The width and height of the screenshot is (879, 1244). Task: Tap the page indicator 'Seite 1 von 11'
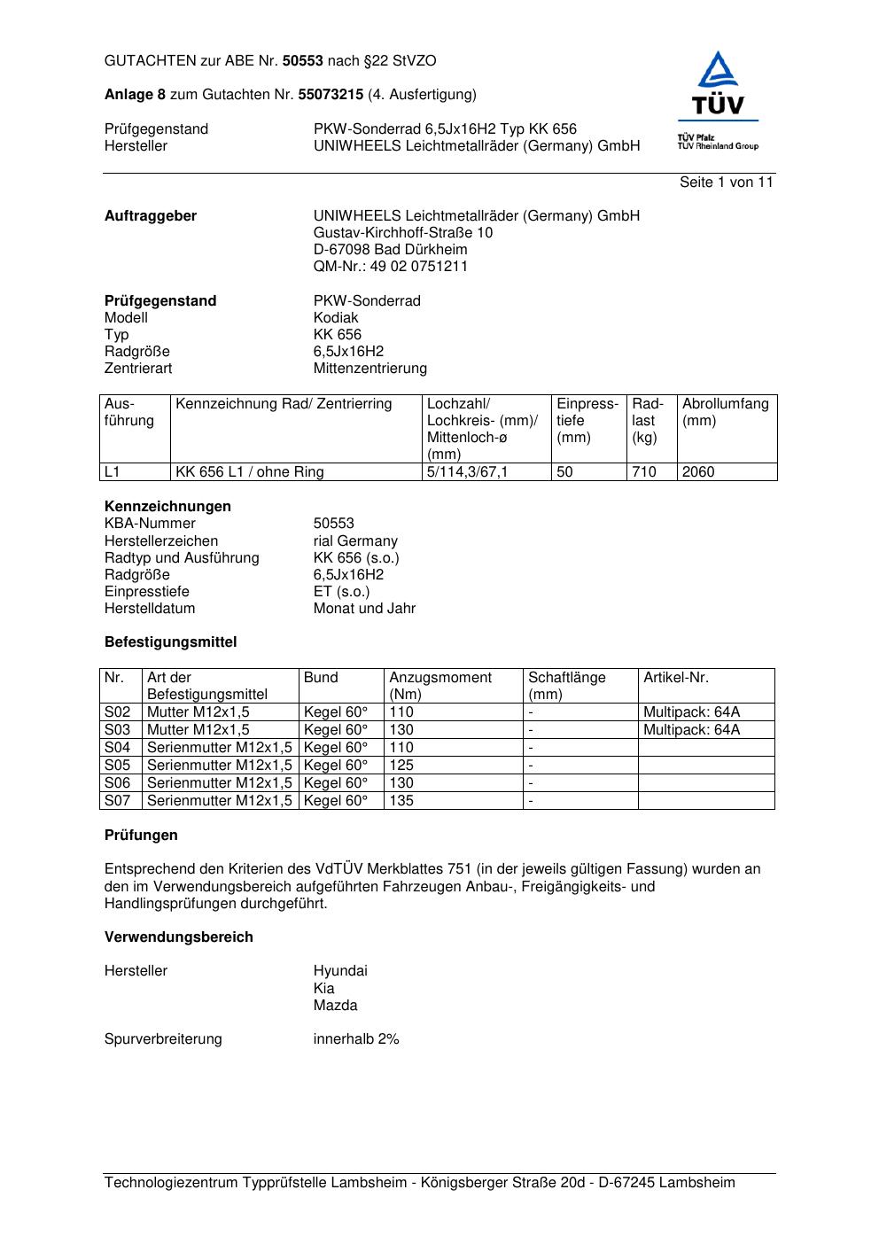tap(726, 183)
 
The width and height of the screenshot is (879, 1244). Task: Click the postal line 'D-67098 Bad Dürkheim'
tap(390, 250)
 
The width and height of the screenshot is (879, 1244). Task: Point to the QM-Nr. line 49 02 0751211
tap(390, 267)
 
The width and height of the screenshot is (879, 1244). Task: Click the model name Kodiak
tap(336, 318)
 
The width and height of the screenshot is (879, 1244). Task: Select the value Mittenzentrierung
tap(369, 369)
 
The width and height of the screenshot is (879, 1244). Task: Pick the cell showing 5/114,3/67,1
tap(467, 472)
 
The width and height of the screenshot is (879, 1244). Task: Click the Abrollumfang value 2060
tap(698, 472)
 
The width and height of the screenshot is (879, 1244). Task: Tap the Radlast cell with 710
tap(644, 472)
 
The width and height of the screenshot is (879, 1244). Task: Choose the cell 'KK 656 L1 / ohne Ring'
tap(250, 472)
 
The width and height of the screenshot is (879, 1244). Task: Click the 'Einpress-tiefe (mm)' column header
tap(587, 421)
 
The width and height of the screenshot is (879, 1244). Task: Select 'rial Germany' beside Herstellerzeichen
tap(355, 541)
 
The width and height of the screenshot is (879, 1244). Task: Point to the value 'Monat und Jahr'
tap(364, 609)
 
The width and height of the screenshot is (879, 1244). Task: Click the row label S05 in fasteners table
tap(117, 766)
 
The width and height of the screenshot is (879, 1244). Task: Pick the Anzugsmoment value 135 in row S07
tap(401, 801)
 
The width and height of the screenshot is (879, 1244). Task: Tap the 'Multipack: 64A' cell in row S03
tap(691, 730)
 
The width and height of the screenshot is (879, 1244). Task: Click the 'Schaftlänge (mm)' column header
tap(567, 686)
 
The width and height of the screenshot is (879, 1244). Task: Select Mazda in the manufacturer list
tap(335, 1006)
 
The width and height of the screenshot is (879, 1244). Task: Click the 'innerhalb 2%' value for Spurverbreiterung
tap(356, 1039)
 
